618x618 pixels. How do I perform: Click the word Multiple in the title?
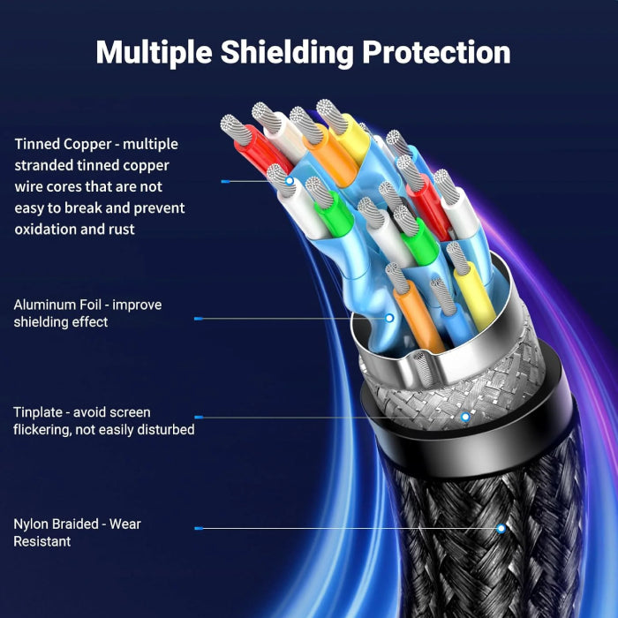(154, 53)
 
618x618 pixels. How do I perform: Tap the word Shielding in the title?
(287, 53)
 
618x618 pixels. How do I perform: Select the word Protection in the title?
(436, 51)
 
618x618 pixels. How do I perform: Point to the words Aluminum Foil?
(57, 305)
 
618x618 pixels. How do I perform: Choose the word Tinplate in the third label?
(38, 412)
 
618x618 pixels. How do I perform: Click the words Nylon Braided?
(56, 524)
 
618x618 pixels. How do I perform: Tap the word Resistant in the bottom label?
(42, 541)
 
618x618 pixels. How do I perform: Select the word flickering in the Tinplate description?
(41, 430)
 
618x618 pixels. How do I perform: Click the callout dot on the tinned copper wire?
(290, 181)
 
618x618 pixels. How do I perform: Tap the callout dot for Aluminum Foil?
(389, 318)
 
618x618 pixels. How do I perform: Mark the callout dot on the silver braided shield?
(465, 417)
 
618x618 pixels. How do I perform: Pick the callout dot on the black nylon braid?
(501, 529)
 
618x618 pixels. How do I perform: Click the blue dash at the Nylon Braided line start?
(199, 529)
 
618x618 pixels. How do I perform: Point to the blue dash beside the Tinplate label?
(199, 417)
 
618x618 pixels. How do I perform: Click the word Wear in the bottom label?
(125, 524)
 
